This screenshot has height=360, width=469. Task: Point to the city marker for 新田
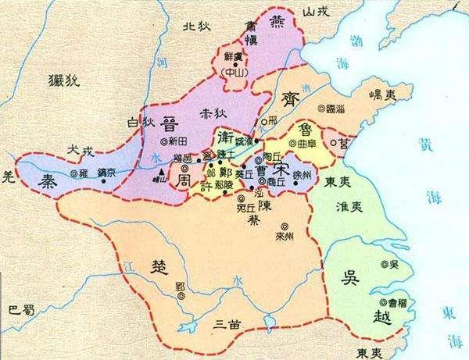click(x=163, y=141)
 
